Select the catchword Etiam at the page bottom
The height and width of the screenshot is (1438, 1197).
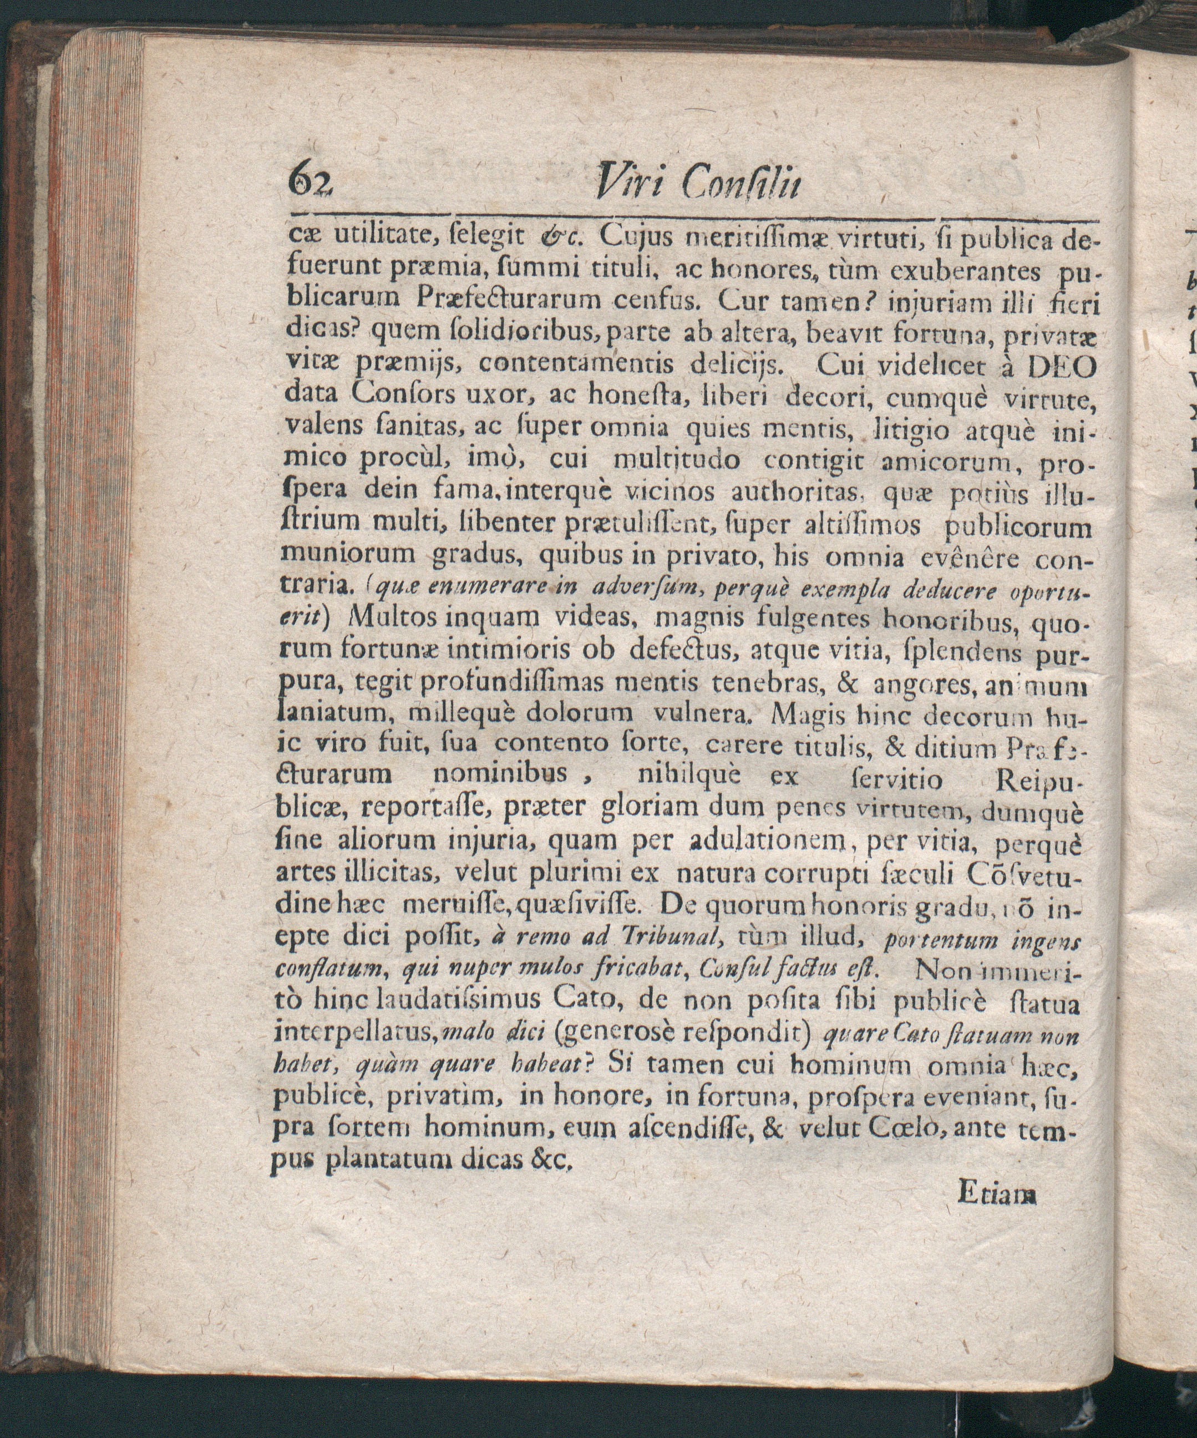pos(997,1196)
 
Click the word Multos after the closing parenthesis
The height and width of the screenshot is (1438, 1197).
pos(393,619)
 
